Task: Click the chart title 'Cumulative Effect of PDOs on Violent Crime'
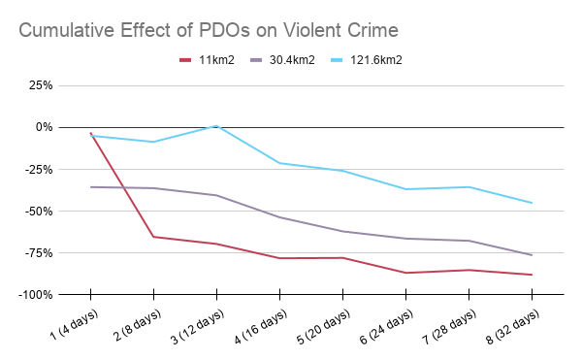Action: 209,30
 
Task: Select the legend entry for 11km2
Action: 207,60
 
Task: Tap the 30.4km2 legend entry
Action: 282,60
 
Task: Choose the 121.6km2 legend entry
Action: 367,60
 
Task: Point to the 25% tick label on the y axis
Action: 41,85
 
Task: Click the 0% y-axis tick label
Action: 45,127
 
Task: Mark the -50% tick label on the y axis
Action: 39,212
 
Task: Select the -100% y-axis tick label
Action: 36,295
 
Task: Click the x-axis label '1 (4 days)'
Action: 75,324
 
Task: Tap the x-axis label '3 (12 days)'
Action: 198,326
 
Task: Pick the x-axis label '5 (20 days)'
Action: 324,326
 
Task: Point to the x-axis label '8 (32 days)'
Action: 513,326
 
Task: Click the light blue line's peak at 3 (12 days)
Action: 216,126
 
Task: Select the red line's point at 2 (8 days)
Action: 153,237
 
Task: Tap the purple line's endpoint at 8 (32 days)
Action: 532,255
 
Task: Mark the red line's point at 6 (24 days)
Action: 406,273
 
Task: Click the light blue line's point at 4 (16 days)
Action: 280,163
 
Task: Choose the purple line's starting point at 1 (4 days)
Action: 90,187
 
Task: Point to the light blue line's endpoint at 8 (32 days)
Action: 532,203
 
